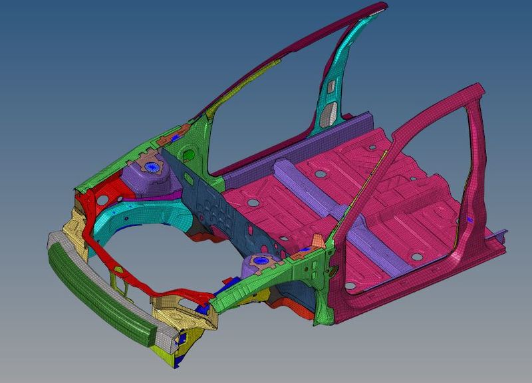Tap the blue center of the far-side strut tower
pos(154,167)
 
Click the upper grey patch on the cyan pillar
pos(331,86)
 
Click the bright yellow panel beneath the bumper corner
pos(160,349)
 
